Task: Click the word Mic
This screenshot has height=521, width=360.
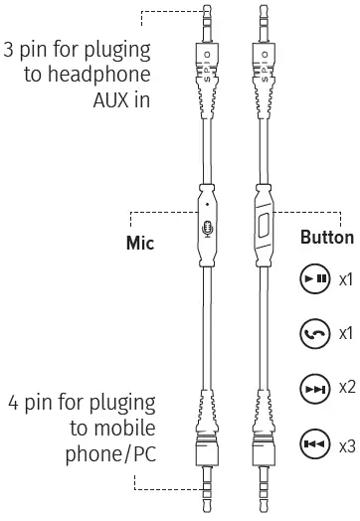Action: tap(144, 242)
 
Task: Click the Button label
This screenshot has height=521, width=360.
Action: tap(326, 239)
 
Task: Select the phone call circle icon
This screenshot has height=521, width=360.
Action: tap(314, 333)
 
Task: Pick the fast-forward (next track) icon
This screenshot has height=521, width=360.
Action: tap(314, 386)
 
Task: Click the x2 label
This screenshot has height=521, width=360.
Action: tap(347, 386)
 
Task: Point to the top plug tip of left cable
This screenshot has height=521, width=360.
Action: tap(207, 12)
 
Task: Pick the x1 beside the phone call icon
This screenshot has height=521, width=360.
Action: tap(347, 333)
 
